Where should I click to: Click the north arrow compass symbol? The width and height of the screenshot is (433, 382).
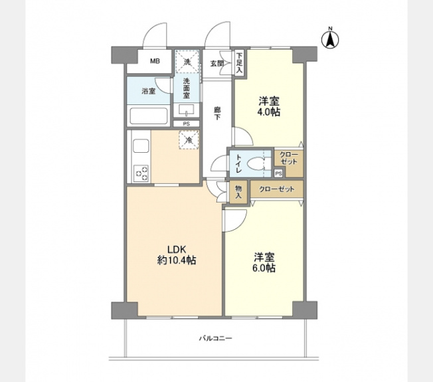(330, 39)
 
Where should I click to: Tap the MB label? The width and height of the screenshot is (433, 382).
(155, 61)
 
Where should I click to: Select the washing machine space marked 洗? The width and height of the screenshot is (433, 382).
(187, 62)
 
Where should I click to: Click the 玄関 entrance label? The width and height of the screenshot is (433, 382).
(217, 63)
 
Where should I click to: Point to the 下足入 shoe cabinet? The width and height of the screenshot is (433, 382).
(239, 62)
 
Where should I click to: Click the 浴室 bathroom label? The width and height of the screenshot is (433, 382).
(149, 91)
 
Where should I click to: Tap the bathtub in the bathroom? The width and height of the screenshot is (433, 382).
(149, 116)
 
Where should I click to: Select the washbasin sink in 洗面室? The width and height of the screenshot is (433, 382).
(187, 110)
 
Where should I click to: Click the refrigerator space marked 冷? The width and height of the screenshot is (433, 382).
(189, 140)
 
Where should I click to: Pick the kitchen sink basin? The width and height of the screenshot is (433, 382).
(141, 146)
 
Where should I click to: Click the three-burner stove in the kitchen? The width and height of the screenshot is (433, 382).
(141, 173)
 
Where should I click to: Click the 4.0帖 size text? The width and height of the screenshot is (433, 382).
(269, 112)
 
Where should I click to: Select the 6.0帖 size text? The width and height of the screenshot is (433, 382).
(264, 268)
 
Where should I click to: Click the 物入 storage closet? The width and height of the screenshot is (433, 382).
(238, 192)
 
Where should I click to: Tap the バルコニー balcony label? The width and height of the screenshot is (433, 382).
(216, 338)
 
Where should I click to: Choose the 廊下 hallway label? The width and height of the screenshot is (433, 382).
(217, 114)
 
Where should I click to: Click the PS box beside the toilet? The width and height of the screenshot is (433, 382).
(279, 173)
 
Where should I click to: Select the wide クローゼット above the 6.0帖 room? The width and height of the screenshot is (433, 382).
(277, 189)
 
